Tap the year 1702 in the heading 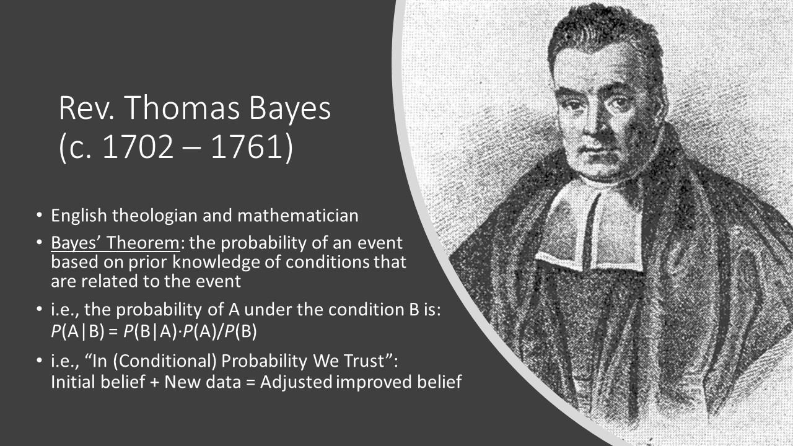(138, 147)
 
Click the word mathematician (298, 216)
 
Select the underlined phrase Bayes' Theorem (115, 243)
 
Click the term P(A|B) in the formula (78, 331)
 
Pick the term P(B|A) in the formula (150, 331)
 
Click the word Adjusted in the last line (296, 382)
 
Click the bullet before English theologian (39, 216)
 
